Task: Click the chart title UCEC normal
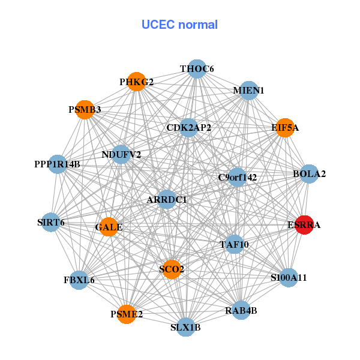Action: point(179,25)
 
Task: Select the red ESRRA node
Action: point(304,225)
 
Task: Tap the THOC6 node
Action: point(197,69)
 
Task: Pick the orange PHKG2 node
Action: point(137,82)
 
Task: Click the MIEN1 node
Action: point(248,91)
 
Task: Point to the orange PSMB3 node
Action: point(85,110)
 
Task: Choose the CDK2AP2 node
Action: point(188,127)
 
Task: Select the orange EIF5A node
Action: point(285,128)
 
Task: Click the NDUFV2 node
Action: point(121,154)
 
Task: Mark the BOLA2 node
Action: point(309,174)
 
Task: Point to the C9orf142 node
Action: point(238,177)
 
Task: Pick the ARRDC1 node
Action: point(167,199)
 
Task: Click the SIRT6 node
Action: point(50,223)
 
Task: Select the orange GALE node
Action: point(109,227)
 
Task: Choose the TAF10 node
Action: point(234,244)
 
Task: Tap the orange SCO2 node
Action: point(172,269)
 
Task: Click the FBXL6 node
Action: point(79,280)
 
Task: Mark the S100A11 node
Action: point(289,277)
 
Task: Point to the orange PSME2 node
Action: point(126,314)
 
